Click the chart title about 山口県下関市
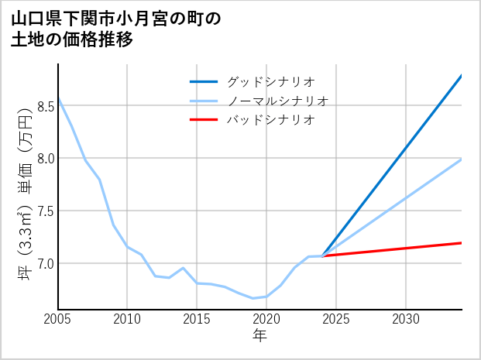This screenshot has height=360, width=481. coord(116,29)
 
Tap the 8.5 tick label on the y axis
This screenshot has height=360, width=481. coord(46,106)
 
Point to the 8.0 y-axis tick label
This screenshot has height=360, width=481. coord(46,159)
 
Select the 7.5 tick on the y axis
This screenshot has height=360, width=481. coord(46,211)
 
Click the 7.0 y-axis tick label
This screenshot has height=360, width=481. coord(46,264)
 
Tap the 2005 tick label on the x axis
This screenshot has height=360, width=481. coord(58,319)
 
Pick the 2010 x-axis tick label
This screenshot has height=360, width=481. coord(128,319)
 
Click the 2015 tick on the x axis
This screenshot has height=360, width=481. coord(198,319)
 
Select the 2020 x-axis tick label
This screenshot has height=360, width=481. coord(266,319)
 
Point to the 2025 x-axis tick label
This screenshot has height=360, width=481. coord(336,319)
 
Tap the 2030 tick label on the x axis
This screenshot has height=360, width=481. coord(406,319)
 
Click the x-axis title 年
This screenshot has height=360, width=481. coord(259,336)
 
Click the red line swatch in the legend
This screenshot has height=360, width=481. coord(204,120)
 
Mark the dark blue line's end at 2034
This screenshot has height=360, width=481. coord(461,76)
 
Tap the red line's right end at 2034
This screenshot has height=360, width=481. coord(461,243)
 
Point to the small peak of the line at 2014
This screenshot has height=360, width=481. coord(183,268)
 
